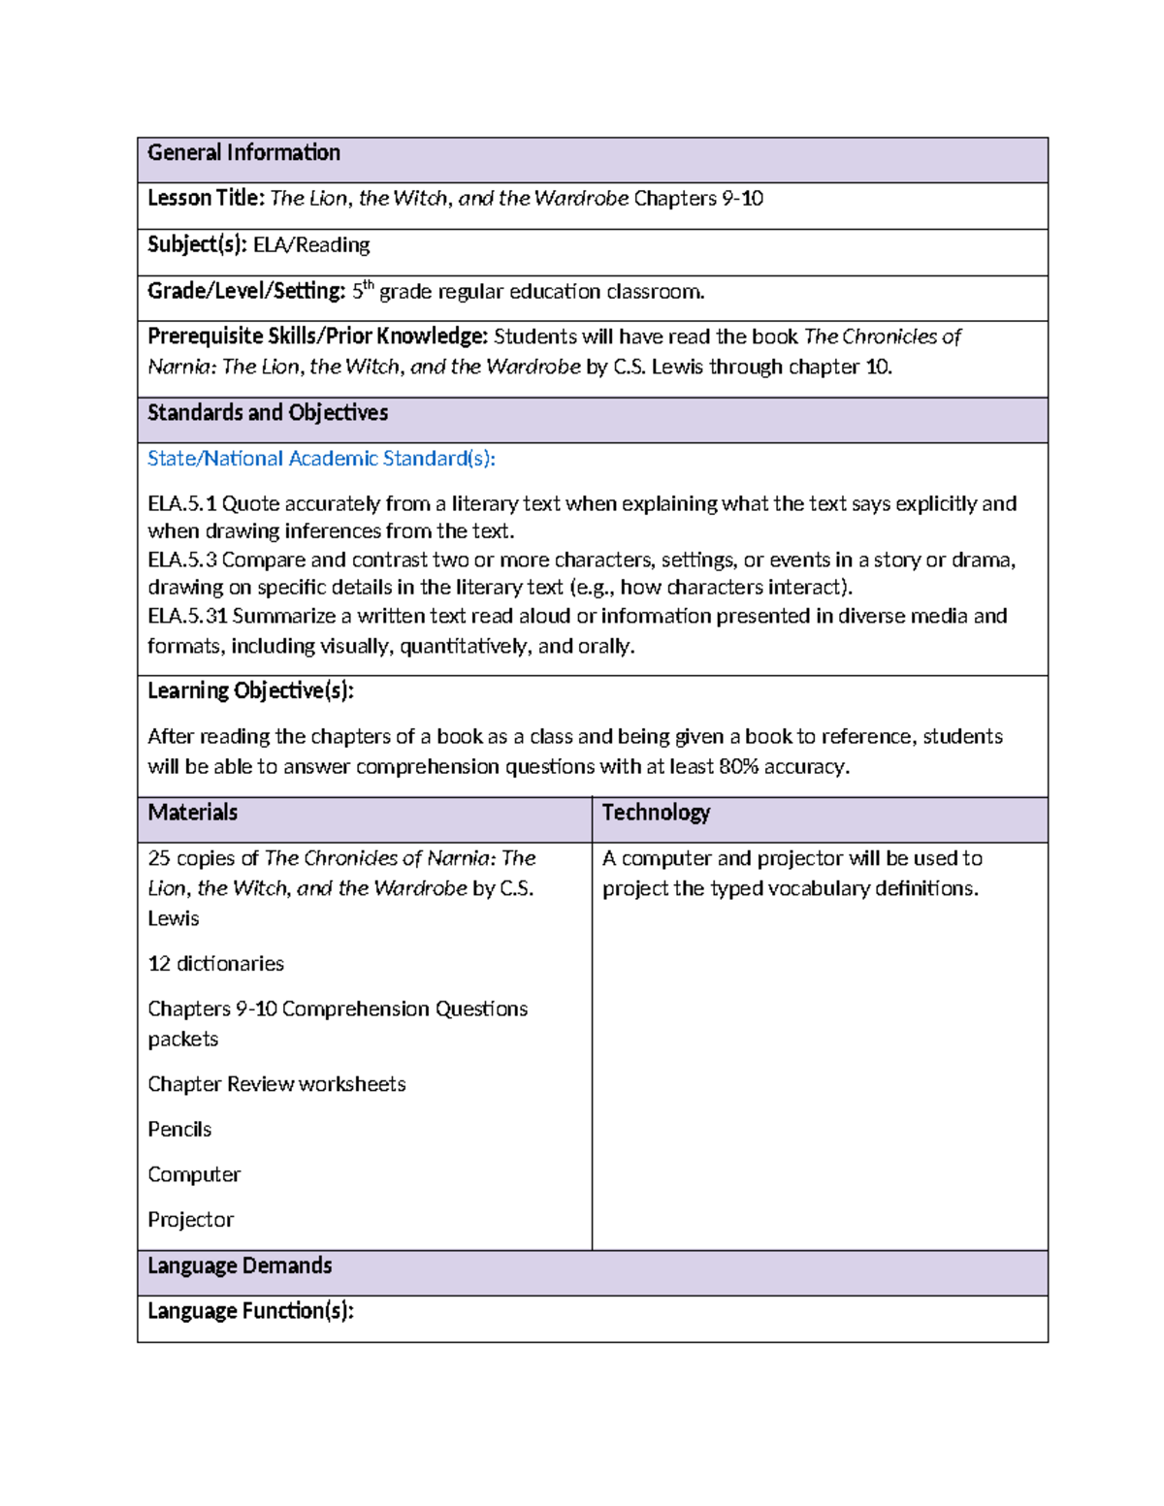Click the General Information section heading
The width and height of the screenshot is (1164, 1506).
pyautogui.click(x=243, y=153)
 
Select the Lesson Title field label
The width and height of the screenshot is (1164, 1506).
pyautogui.click(x=206, y=199)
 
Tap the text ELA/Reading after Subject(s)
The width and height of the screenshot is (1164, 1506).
pyautogui.click(x=311, y=245)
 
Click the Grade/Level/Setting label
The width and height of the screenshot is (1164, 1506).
pyautogui.click(x=246, y=291)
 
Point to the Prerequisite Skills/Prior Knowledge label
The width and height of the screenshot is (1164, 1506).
pyautogui.click(x=317, y=336)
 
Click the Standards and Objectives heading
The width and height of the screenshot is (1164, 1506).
pyautogui.click(x=268, y=413)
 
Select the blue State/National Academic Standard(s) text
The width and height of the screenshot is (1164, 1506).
pyautogui.click(x=321, y=459)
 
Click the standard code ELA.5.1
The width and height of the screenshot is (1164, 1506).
pyautogui.click(x=181, y=504)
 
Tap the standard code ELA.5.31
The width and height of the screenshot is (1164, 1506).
pyautogui.click(x=186, y=617)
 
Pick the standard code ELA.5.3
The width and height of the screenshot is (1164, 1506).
pyautogui.click(x=181, y=561)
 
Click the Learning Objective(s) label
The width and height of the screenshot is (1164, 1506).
pyautogui.click(x=250, y=691)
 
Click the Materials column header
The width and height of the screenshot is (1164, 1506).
pyautogui.click(x=192, y=813)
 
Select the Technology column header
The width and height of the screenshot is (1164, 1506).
pyautogui.click(x=656, y=813)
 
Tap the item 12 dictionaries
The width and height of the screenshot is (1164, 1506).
pyautogui.click(x=215, y=964)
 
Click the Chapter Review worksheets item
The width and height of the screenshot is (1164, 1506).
pyautogui.click(x=276, y=1084)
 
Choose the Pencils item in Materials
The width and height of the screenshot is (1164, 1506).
pyautogui.click(x=179, y=1130)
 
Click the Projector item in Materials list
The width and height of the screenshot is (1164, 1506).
pyautogui.click(x=190, y=1220)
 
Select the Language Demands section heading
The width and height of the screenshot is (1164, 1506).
pyautogui.click(x=240, y=1266)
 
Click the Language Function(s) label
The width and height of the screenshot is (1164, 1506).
pyautogui.click(x=250, y=1312)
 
